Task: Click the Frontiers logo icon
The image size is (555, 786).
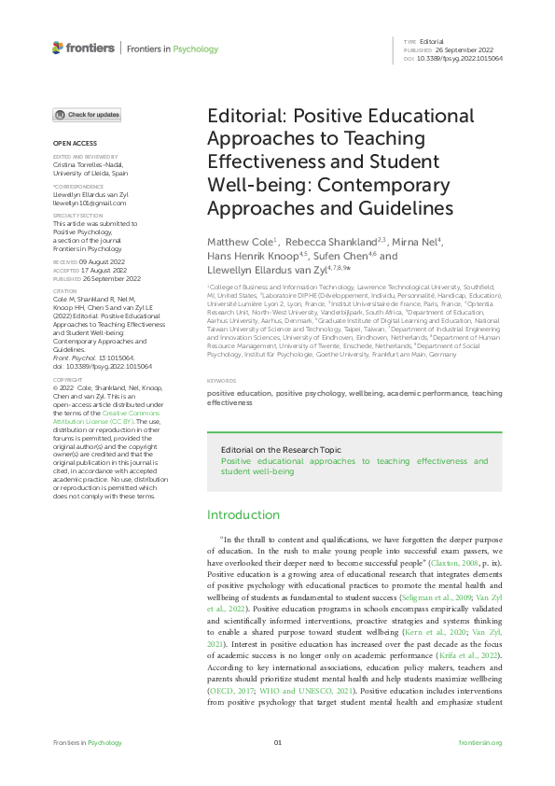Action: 58,48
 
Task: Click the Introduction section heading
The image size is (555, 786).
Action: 243,514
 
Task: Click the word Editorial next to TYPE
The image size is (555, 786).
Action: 432,42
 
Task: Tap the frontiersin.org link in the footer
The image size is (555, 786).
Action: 480,742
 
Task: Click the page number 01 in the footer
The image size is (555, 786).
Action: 277,742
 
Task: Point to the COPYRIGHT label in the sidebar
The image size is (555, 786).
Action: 68,380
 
